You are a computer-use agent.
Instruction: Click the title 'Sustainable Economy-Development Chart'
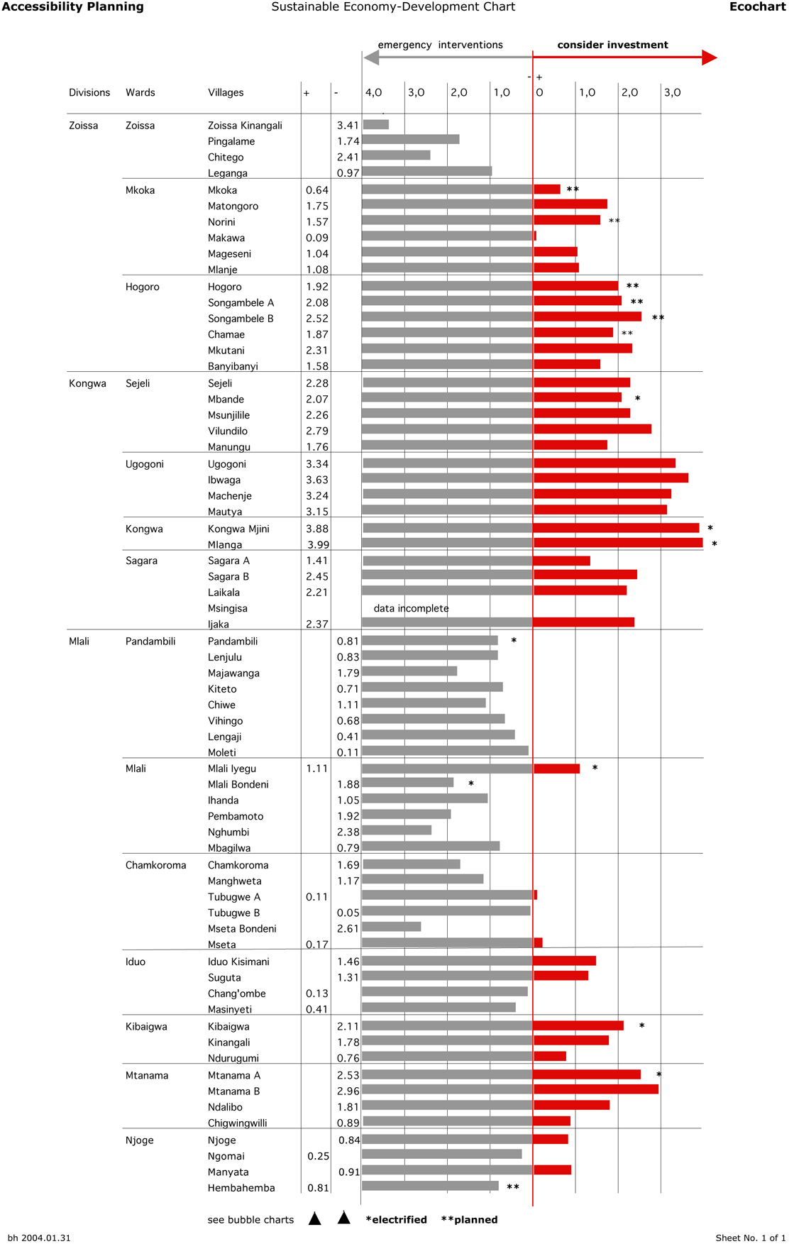(393, 7)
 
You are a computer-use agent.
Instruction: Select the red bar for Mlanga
(617, 543)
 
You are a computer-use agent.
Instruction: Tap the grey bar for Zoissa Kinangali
(375, 125)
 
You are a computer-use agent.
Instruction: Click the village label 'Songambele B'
(241, 319)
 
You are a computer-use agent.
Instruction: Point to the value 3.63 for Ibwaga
(317, 480)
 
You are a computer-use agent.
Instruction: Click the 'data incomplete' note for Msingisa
(411, 608)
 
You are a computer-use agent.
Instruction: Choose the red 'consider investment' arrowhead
(709, 57)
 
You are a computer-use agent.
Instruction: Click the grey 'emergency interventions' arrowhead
(371, 57)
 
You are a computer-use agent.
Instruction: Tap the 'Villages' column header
(226, 92)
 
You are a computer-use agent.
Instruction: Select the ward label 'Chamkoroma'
(155, 865)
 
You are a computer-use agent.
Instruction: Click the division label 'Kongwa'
(87, 383)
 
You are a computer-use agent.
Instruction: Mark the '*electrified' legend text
(396, 1219)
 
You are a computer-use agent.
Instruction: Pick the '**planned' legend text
(469, 1219)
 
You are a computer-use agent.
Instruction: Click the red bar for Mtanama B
(595, 1089)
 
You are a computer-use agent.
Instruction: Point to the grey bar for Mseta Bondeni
(391, 927)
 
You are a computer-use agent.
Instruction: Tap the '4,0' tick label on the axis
(373, 92)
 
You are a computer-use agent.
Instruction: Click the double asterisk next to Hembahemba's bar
(513, 1187)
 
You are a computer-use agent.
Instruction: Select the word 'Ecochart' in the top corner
(757, 7)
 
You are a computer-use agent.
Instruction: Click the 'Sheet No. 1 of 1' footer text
(750, 1238)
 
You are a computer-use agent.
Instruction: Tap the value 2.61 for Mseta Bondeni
(348, 928)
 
